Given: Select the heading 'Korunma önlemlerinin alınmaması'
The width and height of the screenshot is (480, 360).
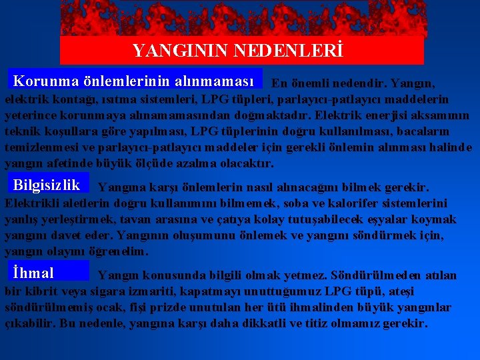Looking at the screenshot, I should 133,81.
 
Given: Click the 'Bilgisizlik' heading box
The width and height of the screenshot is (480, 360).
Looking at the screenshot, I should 47,185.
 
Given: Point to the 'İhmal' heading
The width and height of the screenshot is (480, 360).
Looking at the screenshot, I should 33,272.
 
